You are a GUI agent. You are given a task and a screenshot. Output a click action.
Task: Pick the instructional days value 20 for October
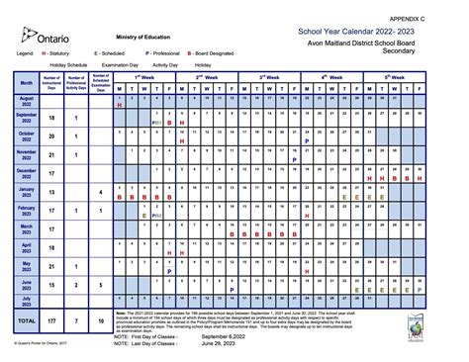click(x=50, y=136)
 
